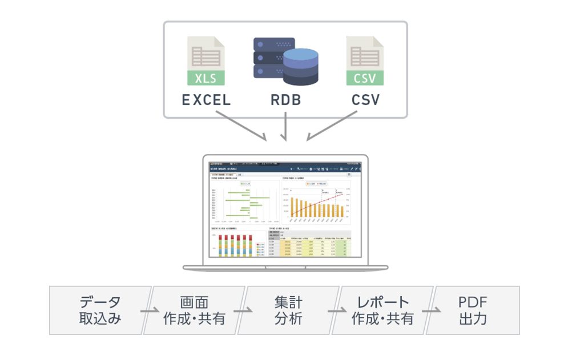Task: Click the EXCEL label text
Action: click(206, 100)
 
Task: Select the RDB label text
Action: click(285, 100)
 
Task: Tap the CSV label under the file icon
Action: click(365, 100)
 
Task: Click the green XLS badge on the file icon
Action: click(206, 78)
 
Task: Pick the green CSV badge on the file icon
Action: click(365, 78)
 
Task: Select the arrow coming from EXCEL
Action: click(240, 128)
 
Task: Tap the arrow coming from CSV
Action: click(332, 128)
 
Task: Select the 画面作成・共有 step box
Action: click(194, 310)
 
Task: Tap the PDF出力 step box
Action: click(474, 310)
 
